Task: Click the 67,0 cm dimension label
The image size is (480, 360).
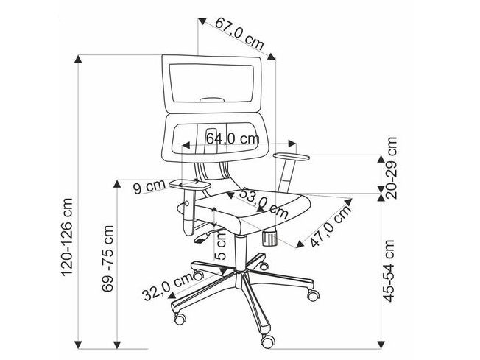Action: (x=239, y=33)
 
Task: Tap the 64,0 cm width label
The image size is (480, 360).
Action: (x=233, y=138)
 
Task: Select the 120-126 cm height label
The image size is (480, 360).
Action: (x=67, y=237)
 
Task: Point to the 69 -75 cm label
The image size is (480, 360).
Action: (x=107, y=258)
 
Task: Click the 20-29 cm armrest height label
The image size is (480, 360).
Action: (x=392, y=168)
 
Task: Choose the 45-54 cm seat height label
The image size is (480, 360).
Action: (x=389, y=271)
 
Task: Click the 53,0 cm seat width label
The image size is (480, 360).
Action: (x=264, y=203)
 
